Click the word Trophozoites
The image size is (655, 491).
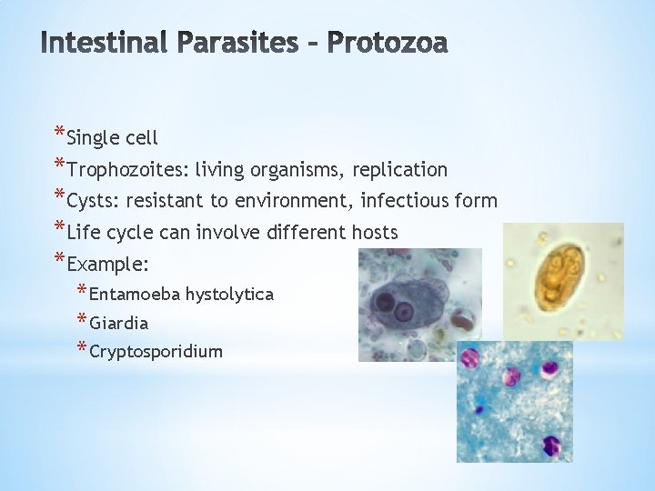point(126,170)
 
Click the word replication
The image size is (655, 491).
point(402,170)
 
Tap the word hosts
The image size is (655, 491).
point(373,233)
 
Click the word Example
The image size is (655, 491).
point(106,265)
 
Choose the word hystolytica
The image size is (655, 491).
point(229,294)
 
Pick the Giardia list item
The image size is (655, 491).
point(119,323)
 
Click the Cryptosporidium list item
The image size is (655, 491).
point(156,351)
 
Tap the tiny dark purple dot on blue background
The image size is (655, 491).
point(550,446)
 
